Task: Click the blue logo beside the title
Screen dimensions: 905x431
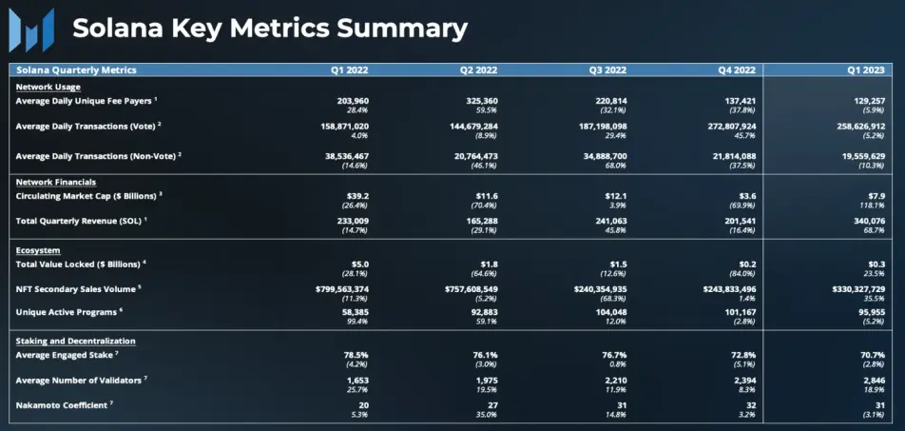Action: [x=31, y=30]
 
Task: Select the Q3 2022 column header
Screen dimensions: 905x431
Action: [x=607, y=70]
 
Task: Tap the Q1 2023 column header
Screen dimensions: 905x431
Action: [x=866, y=70]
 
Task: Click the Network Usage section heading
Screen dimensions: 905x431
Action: [x=48, y=88]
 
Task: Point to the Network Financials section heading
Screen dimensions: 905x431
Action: [x=56, y=183]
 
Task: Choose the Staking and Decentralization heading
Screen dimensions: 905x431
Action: [x=76, y=342]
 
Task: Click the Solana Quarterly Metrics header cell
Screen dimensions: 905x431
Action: [x=76, y=70]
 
